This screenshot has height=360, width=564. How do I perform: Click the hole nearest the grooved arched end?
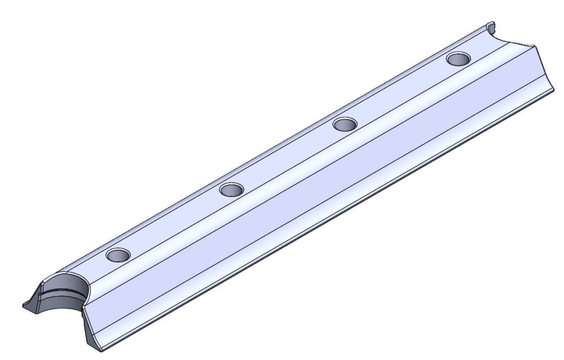118,255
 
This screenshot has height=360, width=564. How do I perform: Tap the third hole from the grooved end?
345,124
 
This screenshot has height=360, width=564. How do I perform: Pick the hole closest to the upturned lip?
458,58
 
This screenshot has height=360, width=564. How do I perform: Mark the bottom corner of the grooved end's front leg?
101,350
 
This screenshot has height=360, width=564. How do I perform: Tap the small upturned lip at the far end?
492,26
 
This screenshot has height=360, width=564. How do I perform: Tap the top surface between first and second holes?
175,222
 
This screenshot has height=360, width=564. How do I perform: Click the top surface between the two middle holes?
288,157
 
